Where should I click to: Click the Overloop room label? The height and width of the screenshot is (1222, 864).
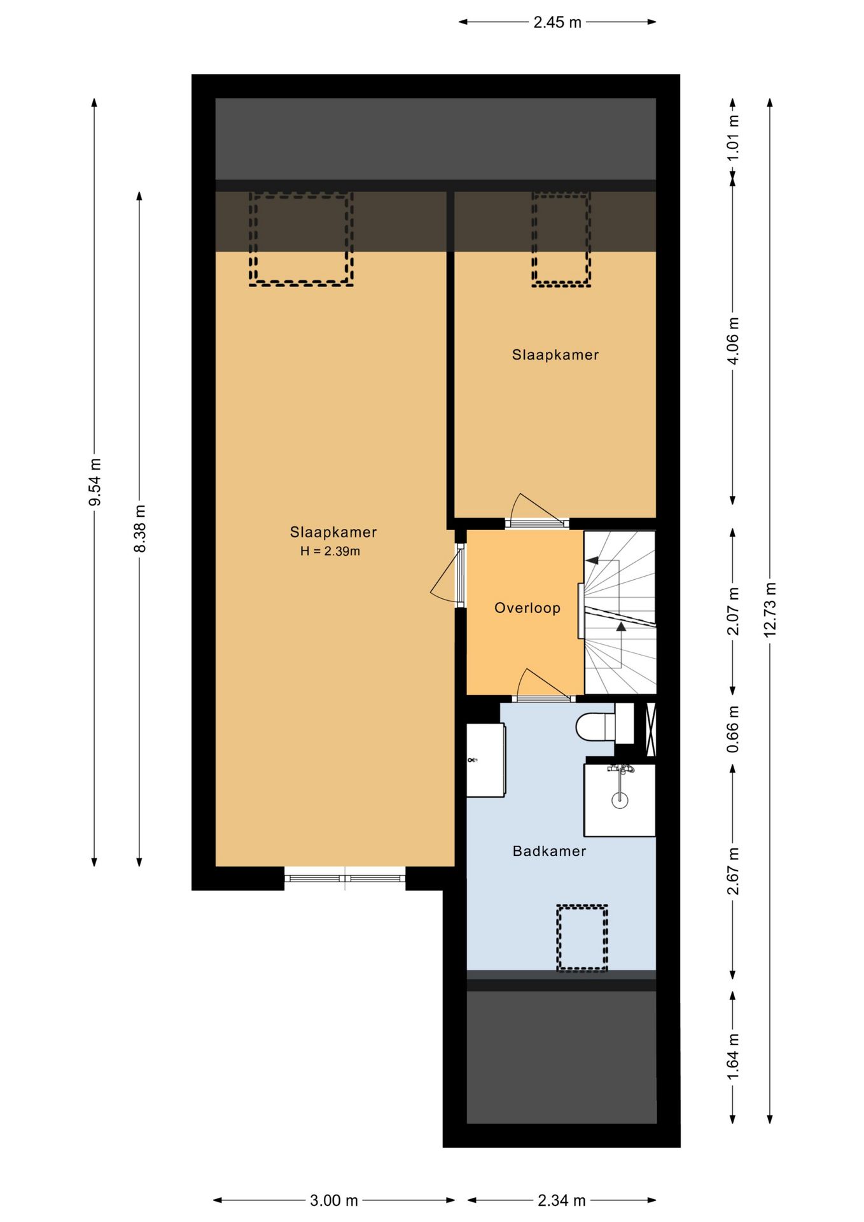pos(527,608)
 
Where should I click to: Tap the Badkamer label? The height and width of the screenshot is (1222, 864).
pos(549,851)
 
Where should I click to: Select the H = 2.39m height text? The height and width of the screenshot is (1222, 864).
pos(330,551)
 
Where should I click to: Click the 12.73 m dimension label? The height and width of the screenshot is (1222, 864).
pos(770,610)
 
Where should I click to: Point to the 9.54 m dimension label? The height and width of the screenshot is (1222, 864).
pos(94,482)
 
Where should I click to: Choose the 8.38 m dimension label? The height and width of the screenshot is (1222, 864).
pos(140,528)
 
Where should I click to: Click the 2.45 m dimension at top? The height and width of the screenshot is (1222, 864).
pos(557,23)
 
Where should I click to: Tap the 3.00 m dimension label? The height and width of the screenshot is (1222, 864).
pos(334,1200)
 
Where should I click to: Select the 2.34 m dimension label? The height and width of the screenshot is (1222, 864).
pos(561,1200)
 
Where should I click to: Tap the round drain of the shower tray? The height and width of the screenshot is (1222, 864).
pos(620,800)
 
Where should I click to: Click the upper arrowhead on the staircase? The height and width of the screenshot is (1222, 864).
pos(592,561)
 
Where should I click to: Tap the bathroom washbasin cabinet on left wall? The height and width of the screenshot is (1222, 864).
pos(486,760)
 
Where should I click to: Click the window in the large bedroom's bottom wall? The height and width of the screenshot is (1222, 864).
pos(345,878)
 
